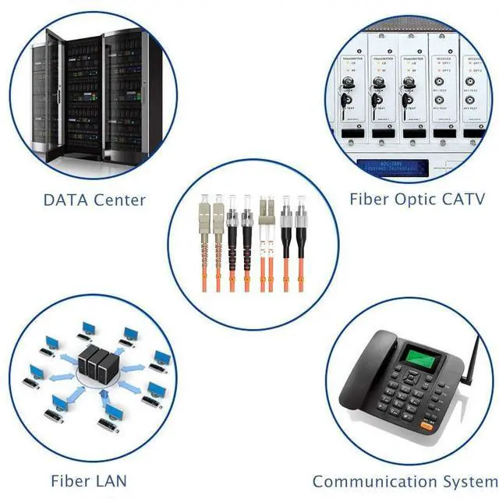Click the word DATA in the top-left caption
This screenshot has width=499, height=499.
(65, 200)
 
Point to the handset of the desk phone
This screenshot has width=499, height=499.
(366, 366)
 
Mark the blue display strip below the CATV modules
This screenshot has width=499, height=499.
(388, 165)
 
